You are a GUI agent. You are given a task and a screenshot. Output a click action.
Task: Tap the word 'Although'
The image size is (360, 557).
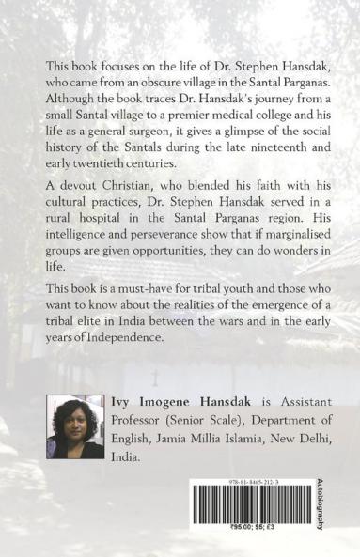click(70, 98)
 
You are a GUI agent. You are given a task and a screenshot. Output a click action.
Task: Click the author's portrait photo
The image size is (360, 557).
click(74, 428)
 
